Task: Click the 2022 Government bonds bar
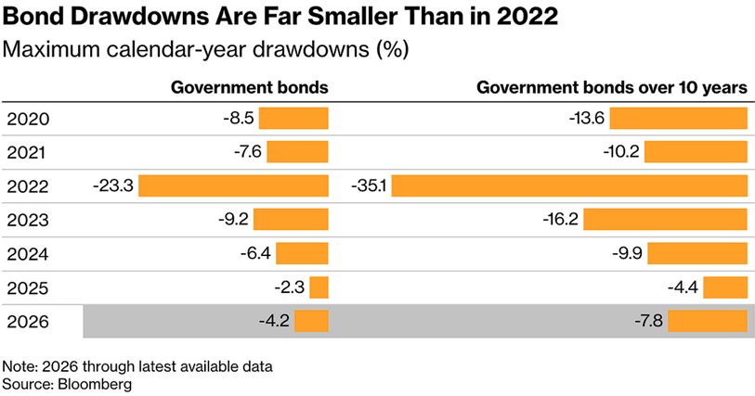(x=233, y=185)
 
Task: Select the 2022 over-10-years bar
(x=569, y=185)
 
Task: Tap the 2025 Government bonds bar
(x=319, y=287)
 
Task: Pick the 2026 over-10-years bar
(x=708, y=321)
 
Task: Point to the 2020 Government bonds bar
(x=293, y=118)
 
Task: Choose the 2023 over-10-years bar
(x=666, y=220)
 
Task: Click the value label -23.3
(x=113, y=185)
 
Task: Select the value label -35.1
(x=369, y=185)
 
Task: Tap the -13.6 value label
(x=587, y=118)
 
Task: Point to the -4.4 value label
(x=683, y=287)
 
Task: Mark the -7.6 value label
(x=248, y=152)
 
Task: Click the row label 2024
(x=28, y=254)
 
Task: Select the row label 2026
(x=28, y=322)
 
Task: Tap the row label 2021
(x=27, y=152)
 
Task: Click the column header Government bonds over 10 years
(x=612, y=87)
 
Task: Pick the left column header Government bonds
(x=250, y=87)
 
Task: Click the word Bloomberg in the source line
(x=95, y=384)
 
